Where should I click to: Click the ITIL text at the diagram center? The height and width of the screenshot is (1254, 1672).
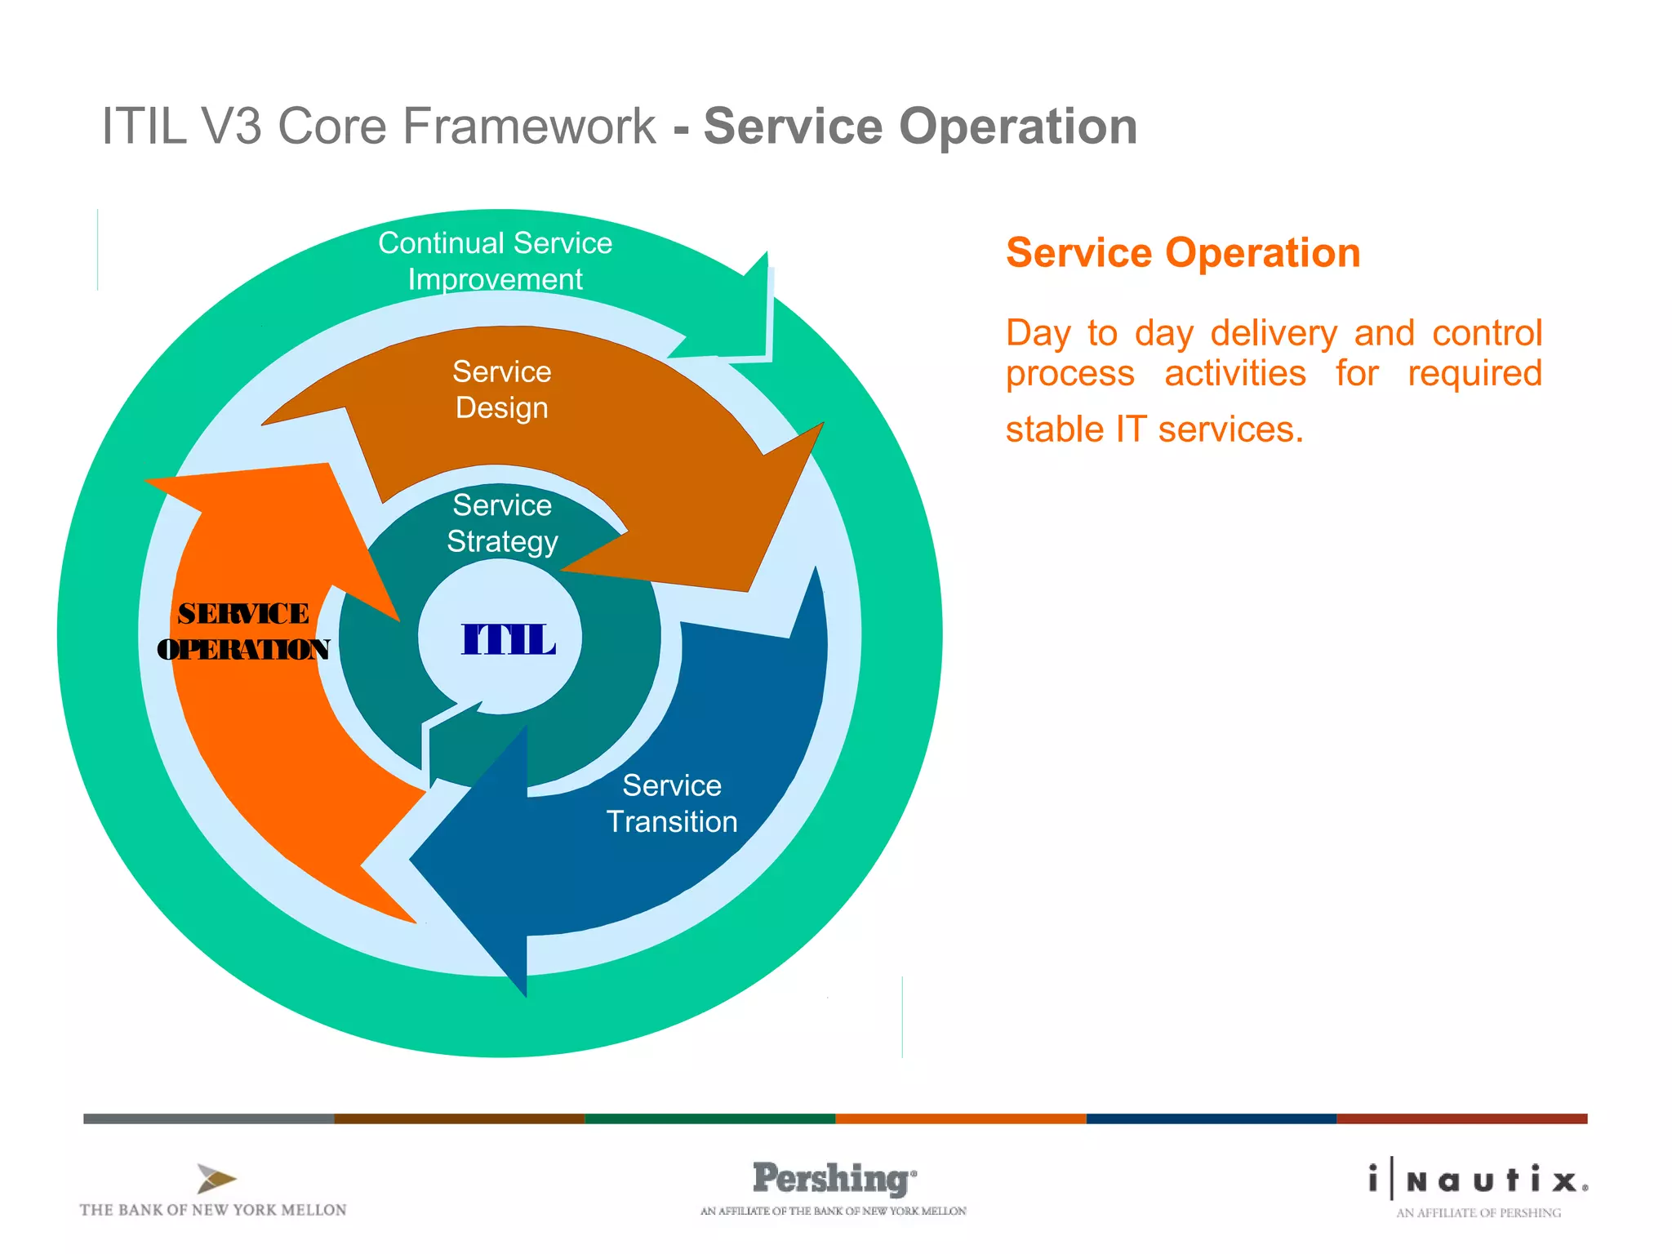click(508, 639)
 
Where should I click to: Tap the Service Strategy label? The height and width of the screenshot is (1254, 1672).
click(502, 523)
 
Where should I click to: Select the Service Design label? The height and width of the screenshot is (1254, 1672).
click(502, 389)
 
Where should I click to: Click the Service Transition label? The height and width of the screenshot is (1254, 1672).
click(672, 803)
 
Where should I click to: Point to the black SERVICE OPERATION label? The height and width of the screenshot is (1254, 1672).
click(243, 631)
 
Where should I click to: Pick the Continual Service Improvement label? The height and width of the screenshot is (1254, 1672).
click(495, 260)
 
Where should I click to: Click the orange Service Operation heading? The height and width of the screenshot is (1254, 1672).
click(1183, 252)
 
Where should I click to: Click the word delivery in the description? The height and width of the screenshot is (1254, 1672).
click(1274, 333)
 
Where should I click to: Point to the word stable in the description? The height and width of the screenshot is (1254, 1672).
click(1054, 429)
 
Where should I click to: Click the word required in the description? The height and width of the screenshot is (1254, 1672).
click(1474, 374)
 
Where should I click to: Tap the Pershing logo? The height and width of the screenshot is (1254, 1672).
click(833, 1179)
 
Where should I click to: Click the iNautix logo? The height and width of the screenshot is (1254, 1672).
click(1479, 1179)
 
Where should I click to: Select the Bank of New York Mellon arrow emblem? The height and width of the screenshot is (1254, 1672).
click(216, 1178)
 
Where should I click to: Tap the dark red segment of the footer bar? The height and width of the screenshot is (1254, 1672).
click(1461, 1118)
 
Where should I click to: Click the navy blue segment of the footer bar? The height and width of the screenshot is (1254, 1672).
click(1211, 1118)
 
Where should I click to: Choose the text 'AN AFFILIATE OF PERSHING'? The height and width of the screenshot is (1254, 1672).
click(1479, 1213)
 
